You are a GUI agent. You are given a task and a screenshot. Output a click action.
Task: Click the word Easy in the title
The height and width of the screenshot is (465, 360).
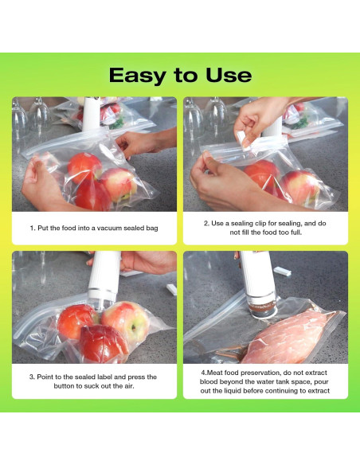click(137, 76)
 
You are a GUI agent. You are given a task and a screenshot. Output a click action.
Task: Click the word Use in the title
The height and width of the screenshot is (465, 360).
click(229, 75)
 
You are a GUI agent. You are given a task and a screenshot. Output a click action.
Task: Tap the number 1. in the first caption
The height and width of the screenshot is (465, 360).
click(33, 228)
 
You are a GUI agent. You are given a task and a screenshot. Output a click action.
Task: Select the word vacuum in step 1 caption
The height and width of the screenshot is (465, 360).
click(109, 228)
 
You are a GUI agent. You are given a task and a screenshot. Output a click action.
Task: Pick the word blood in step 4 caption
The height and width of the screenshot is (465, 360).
click(209, 381)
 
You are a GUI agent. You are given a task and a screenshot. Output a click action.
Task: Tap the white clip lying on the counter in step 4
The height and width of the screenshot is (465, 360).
click(282, 271)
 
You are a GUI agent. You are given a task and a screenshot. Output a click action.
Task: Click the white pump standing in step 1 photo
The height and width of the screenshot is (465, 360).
click(91, 114)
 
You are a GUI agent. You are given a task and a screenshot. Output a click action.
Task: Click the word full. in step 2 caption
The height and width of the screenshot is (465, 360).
click(295, 232)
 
